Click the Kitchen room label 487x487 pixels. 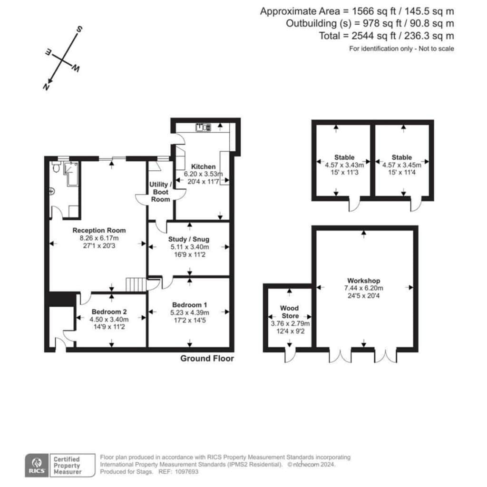(x=203, y=166)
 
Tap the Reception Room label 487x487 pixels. (x=99, y=230)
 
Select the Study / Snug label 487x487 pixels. (x=189, y=239)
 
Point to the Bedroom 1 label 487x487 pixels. (x=189, y=305)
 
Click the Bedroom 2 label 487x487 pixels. (x=109, y=312)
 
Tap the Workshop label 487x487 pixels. (x=363, y=281)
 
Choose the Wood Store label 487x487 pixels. (x=290, y=312)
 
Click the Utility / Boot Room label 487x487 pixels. (x=160, y=192)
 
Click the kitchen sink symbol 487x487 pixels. (x=204, y=127)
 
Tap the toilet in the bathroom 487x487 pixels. (x=56, y=167)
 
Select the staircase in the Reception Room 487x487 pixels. (x=136, y=284)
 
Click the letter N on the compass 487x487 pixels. (x=46, y=87)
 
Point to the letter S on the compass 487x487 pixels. (x=79, y=29)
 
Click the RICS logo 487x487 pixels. (x=37, y=465)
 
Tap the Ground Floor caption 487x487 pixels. (x=207, y=359)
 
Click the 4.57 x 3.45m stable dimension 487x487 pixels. (x=401, y=165)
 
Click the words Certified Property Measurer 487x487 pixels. (x=67, y=465)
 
